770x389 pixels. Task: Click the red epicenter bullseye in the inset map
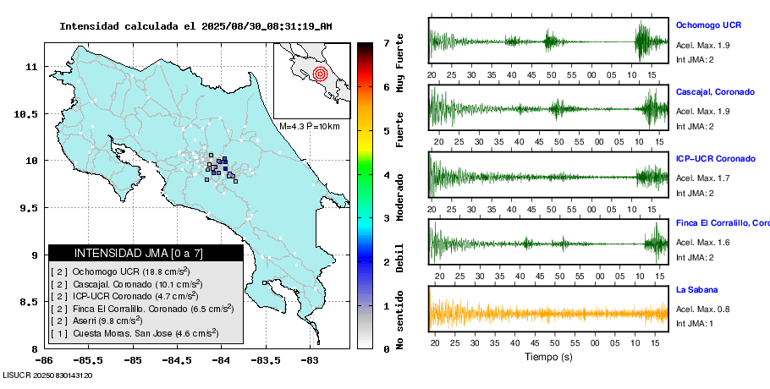[x=319, y=74]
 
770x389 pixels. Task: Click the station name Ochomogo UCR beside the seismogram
[x=708, y=25]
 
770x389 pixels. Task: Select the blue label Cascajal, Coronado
[x=715, y=91]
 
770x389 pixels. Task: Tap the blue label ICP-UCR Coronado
[x=715, y=158]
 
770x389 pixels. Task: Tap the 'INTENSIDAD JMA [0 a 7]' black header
[x=146, y=253]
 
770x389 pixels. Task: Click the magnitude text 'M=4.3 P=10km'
[x=309, y=126]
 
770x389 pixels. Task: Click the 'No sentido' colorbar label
[x=399, y=318]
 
